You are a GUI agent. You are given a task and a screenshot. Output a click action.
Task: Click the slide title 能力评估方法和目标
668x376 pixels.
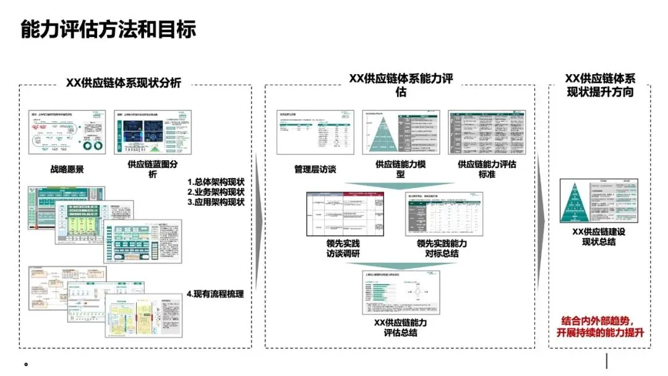coord(108,29)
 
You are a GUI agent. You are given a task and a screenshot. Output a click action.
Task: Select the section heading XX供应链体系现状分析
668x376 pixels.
coord(127,83)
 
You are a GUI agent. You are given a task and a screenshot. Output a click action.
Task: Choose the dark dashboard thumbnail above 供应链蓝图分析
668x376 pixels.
coord(153,132)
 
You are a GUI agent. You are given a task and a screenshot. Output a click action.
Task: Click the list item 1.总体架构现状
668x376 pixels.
coord(216,182)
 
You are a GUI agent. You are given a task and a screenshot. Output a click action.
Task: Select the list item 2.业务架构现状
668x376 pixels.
coord(216,192)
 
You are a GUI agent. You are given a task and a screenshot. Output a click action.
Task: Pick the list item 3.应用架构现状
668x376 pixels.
coord(216,202)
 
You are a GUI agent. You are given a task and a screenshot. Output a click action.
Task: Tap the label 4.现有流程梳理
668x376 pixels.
coord(215,294)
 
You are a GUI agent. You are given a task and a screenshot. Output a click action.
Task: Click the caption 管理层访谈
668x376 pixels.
coord(315,169)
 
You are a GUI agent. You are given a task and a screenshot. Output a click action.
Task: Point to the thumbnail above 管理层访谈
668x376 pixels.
coord(314,132)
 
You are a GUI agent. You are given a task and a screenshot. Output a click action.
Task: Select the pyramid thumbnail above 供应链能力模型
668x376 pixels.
coord(400,132)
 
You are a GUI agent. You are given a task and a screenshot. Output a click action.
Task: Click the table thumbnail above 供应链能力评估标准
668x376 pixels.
coord(487,132)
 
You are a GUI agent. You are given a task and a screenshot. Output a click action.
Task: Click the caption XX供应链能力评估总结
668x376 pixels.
coord(400,328)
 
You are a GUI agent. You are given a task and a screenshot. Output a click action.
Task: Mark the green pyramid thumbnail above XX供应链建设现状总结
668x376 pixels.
coord(598,202)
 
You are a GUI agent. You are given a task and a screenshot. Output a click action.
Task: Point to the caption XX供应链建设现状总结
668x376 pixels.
coord(598,237)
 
